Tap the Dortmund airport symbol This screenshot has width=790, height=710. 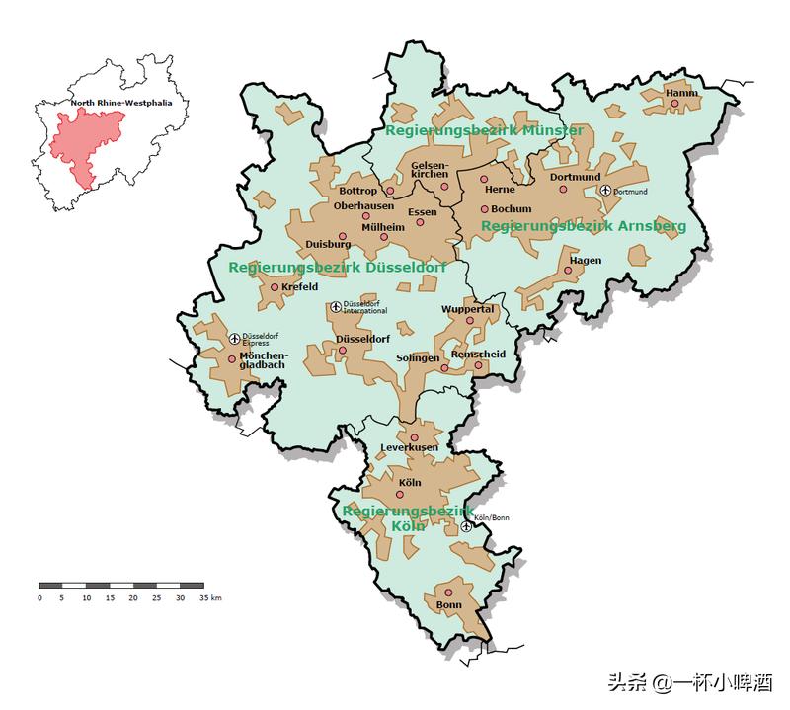[x=605, y=190]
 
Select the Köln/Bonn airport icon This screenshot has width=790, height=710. [x=466, y=526]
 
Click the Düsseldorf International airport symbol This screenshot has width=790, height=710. [x=335, y=307]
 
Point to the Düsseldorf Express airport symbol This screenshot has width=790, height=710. [x=235, y=339]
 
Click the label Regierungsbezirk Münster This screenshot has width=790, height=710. [x=484, y=130]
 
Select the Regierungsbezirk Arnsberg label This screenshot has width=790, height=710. [x=583, y=226]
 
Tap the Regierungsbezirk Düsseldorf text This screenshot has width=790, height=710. [x=337, y=268]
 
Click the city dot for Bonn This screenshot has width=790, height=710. [x=448, y=592]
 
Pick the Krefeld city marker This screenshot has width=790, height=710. [x=275, y=287]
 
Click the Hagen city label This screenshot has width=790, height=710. [x=586, y=261]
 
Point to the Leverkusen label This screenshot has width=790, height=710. [x=409, y=448]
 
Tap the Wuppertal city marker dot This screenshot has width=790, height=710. [x=470, y=320]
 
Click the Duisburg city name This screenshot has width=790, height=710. [x=328, y=243]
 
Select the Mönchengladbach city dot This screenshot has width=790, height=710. [x=232, y=359]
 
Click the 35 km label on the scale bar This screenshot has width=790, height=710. [x=209, y=597]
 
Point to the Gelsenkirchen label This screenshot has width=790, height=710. [x=430, y=169]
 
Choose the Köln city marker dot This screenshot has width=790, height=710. [x=400, y=494]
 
